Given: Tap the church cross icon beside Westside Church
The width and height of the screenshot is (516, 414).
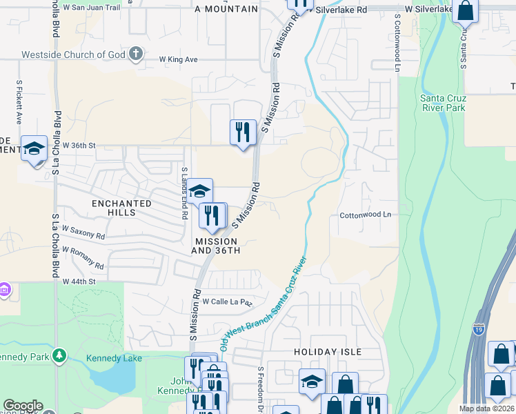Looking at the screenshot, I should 136,53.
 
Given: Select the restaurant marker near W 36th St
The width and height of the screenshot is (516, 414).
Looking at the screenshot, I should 243,132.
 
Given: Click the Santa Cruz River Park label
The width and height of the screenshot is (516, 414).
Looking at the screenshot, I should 443,103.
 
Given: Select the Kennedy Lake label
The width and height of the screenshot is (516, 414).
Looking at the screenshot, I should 114,358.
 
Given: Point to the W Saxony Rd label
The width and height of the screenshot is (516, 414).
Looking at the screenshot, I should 83,231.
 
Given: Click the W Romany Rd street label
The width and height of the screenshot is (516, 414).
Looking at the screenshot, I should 83,257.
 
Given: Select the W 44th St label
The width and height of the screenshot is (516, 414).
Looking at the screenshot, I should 78,282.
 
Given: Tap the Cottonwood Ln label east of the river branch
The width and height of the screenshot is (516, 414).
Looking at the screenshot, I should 365,215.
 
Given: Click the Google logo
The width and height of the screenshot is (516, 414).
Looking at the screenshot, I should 23,406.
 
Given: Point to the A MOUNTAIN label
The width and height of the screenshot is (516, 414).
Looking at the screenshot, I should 226,10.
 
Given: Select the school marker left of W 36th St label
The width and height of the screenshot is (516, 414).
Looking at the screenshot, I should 34,150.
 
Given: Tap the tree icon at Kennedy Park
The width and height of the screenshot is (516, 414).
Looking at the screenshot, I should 60,355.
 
